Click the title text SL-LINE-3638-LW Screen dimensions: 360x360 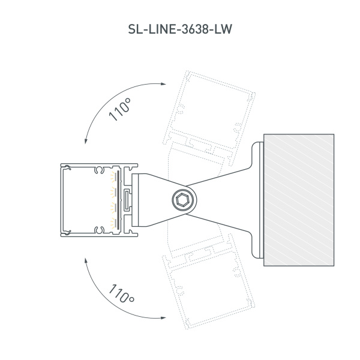(x=180, y=28)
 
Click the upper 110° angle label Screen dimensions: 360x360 (x=120, y=110)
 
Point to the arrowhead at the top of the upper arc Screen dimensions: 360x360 (x=164, y=85)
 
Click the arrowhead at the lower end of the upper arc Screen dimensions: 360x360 (x=86, y=142)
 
